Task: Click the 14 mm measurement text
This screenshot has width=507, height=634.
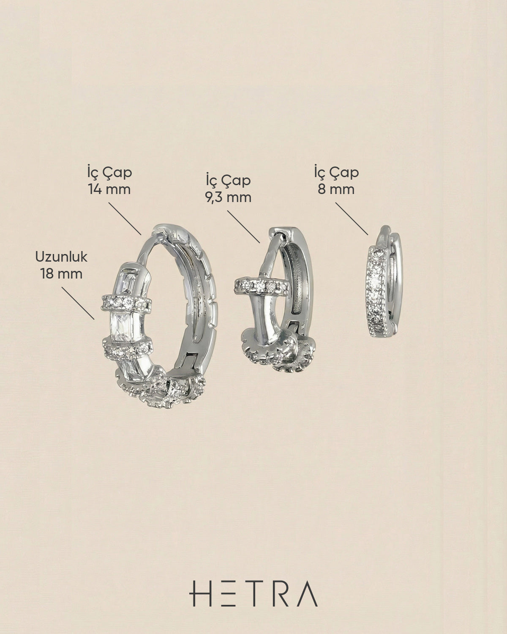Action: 109,189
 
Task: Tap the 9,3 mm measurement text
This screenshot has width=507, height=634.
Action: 228,197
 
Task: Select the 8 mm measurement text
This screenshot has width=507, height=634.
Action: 336,189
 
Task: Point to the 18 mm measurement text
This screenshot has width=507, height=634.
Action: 61,274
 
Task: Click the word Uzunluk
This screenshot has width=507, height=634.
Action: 61,257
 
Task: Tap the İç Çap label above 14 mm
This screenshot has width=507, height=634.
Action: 109,172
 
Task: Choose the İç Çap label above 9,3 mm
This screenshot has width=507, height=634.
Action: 228,180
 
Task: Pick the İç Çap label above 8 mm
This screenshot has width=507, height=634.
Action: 336,172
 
